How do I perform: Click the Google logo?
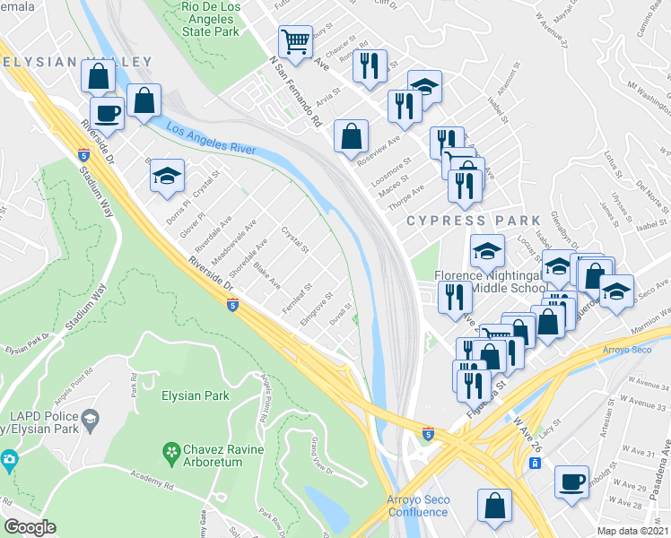[x=30, y=527]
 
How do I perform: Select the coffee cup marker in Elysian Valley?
[x=107, y=114]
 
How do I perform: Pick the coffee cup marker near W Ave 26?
[x=571, y=482]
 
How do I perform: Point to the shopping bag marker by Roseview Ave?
[x=352, y=136]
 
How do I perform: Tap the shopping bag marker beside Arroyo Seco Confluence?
[x=494, y=505]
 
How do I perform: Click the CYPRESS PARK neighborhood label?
[x=474, y=221]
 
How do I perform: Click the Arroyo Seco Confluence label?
[x=417, y=506]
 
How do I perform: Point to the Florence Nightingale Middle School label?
[x=490, y=281]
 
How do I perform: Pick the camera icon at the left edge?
[x=8, y=460]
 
